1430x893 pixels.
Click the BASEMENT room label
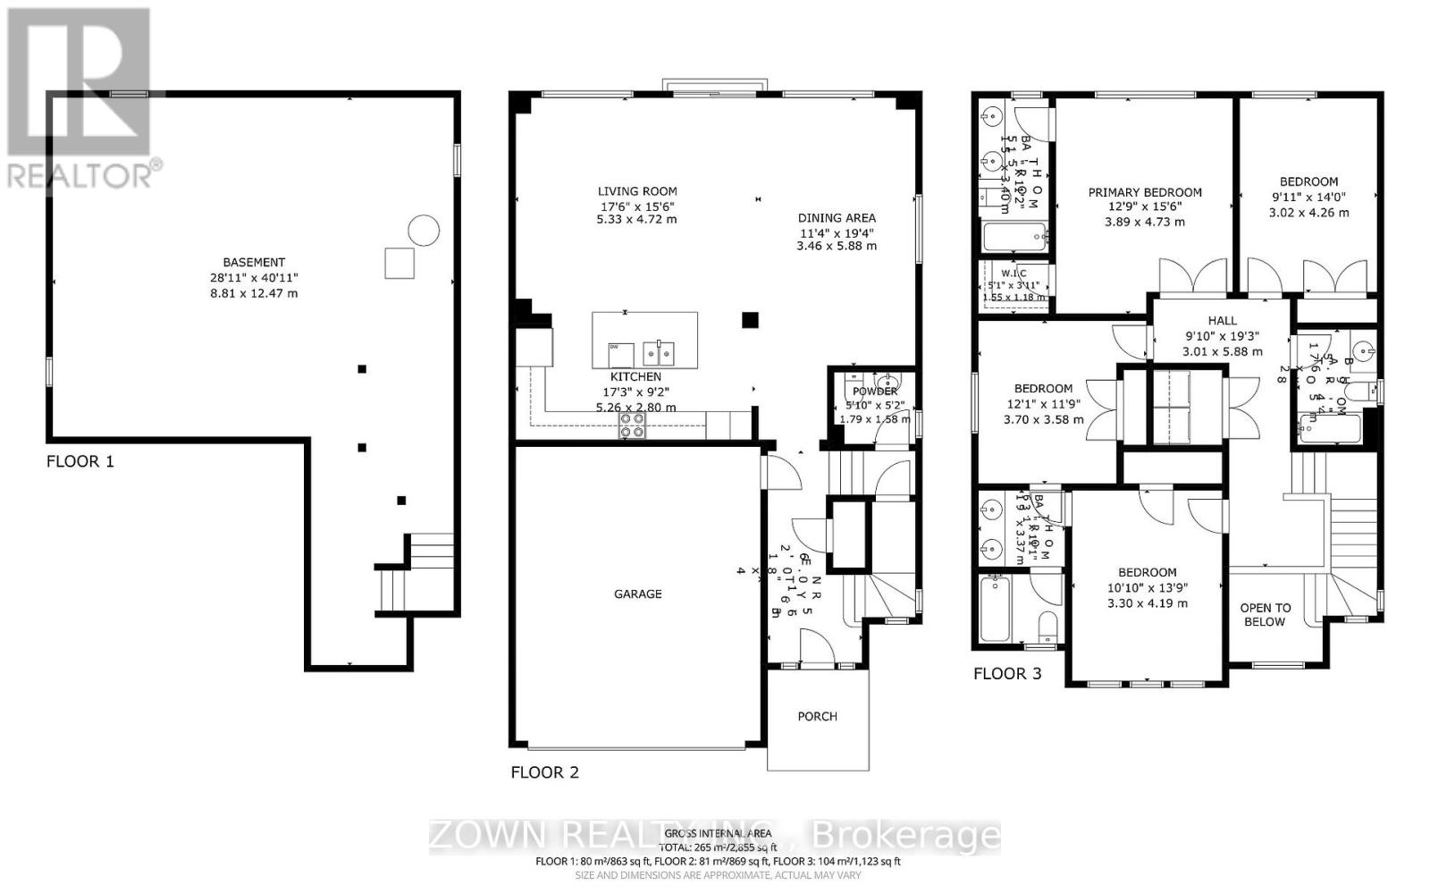[x=254, y=262]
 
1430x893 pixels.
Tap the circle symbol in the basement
[x=424, y=231]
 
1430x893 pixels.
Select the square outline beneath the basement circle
[x=400, y=263]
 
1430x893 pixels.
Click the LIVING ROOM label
[x=637, y=190]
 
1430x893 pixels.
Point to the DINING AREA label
[x=837, y=217]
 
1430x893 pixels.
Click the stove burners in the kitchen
[x=633, y=425]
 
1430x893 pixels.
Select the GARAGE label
[x=637, y=594]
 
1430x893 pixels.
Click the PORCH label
[x=817, y=716]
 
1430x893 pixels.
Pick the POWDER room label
[x=875, y=392]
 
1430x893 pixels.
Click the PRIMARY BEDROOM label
[x=1144, y=192]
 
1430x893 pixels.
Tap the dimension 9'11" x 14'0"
[x=1308, y=197]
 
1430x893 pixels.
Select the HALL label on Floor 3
[x=1222, y=320]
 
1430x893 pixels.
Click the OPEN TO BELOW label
[x=1265, y=615]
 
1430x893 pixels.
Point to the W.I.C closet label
[x=1014, y=274]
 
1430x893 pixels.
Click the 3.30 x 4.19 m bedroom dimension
[x=1147, y=603]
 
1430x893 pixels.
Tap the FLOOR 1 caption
[x=80, y=461]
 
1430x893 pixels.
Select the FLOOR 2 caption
[x=544, y=771]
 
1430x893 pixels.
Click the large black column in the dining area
[x=751, y=319]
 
